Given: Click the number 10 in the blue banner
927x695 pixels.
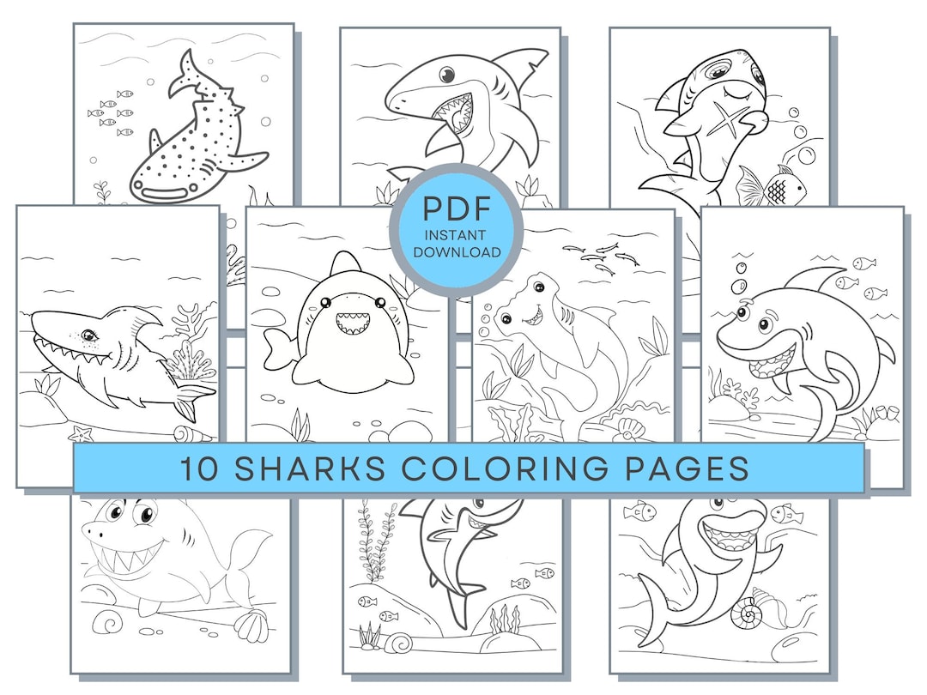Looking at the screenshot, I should (x=197, y=468).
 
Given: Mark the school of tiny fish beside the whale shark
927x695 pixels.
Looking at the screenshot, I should (x=112, y=114).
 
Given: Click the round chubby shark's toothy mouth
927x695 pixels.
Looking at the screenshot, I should (x=350, y=324).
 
